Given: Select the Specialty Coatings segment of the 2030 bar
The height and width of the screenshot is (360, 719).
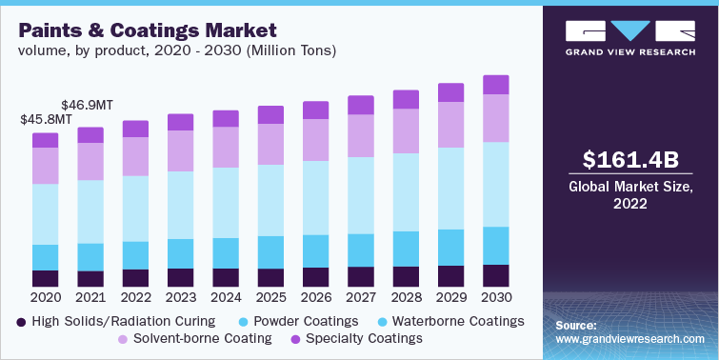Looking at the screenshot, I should (x=495, y=85).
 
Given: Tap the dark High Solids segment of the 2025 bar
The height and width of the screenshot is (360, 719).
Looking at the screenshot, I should (x=270, y=277).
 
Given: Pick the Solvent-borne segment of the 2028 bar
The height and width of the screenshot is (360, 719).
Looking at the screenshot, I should (x=406, y=130).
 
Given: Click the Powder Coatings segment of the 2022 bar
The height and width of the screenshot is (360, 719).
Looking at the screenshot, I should (x=135, y=255).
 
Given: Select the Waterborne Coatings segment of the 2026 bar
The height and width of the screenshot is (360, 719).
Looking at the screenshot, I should (x=315, y=197).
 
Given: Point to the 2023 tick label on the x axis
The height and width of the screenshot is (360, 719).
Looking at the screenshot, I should (x=180, y=297).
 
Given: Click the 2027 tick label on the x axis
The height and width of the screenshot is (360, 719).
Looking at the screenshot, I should (x=361, y=297).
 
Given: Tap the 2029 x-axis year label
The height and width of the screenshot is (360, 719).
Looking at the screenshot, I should (x=450, y=297).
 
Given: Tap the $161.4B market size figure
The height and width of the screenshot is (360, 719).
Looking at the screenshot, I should (x=629, y=159).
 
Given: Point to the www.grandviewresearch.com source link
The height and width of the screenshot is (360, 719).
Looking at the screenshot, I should (x=630, y=339).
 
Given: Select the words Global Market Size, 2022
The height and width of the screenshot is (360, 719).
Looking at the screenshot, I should (x=629, y=194).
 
